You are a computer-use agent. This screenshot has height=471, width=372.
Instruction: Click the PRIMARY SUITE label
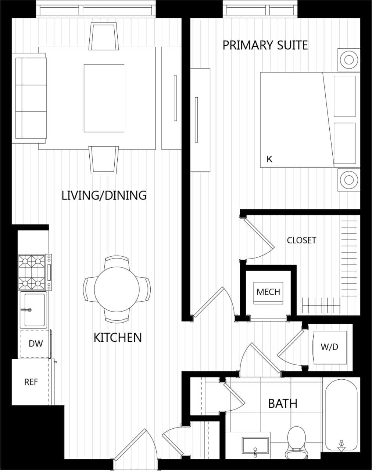[265, 45]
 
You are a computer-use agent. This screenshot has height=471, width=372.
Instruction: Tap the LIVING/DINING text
[104, 195]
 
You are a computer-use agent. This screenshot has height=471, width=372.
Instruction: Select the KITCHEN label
[118, 337]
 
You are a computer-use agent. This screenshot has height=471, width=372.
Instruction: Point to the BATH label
[282, 404]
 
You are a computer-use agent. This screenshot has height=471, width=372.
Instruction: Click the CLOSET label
[301, 240]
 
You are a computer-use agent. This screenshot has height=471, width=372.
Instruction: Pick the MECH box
[268, 292]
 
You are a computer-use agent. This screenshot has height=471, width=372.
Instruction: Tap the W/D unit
[329, 347]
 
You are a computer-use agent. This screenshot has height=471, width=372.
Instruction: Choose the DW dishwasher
[36, 344]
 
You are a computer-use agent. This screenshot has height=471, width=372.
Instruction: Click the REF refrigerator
[31, 382]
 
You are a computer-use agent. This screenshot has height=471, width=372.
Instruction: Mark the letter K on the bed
[269, 159]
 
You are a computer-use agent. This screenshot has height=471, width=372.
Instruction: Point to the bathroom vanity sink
[255, 446]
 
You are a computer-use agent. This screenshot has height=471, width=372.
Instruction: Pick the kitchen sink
[33, 310]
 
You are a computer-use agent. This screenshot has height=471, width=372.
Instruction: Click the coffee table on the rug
[104, 98]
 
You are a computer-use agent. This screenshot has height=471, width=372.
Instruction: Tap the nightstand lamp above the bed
[349, 59]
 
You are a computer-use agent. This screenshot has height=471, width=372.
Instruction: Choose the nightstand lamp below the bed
[349, 180]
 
